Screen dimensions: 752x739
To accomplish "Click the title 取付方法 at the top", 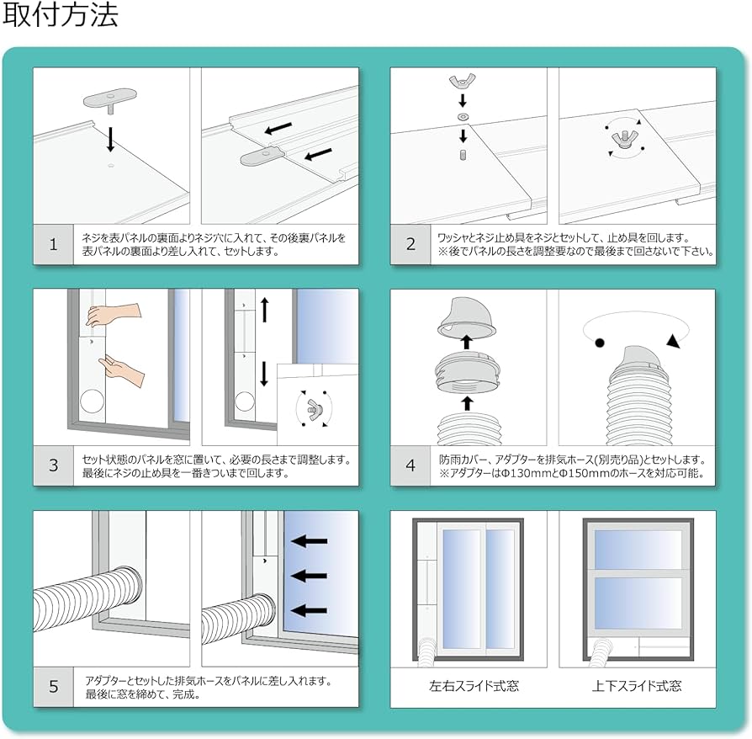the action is tap(61, 14).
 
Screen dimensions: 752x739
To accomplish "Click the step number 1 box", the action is tap(53, 244).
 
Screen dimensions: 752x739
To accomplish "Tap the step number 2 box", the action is tap(410, 244).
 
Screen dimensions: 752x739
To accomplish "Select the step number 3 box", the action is tap(53, 465).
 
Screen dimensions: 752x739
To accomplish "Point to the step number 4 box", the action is tap(410, 465).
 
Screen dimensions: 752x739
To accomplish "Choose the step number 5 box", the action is tap(53, 687).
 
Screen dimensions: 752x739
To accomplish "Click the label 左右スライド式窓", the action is tap(474, 686).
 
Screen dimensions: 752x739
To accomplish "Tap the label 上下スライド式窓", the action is tap(637, 686).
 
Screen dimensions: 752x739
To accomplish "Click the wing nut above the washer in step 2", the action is tap(463, 82).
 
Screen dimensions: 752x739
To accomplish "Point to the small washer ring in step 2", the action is tap(463, 117).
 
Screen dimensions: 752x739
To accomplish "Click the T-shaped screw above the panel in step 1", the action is tap(110, 101).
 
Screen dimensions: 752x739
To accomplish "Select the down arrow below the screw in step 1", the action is tap(110, 139).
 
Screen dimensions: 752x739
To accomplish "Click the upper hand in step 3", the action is tap(114, 316).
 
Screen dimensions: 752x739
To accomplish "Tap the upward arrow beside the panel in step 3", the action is tap(264, 310).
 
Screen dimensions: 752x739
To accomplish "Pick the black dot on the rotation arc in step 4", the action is tap(600, 343).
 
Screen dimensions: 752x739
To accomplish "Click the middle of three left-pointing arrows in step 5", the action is tap(309, 576).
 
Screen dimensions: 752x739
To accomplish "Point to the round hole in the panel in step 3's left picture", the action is tap(92, 402).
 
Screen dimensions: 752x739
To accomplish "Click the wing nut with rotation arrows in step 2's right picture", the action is tap(623, 138).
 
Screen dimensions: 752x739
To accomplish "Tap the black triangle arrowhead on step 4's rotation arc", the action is tap(674, 341).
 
